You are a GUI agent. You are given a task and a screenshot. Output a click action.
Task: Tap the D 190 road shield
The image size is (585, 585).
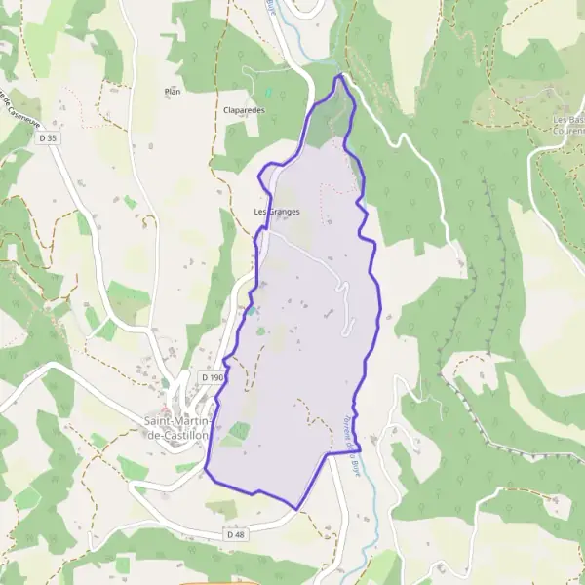tap(213, 376)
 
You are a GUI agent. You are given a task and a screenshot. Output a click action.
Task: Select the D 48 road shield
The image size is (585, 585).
tap(234, 534)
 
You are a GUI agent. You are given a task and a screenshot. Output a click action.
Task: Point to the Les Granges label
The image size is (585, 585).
tap(277, 211)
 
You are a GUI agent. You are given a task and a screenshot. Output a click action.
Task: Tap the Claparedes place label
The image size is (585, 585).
tap(245, 110)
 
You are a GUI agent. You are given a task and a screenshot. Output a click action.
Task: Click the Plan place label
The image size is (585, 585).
tap(174, 91)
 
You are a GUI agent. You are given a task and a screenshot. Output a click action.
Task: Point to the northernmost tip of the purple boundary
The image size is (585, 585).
tap(340, 75)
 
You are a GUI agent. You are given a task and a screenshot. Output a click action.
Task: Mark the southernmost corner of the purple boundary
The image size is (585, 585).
tap(296, 508)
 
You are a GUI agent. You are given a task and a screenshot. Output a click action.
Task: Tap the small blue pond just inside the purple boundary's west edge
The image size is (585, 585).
tap(252, 311)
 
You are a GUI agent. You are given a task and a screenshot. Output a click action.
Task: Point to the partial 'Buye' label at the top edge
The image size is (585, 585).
tap(271, 6)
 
